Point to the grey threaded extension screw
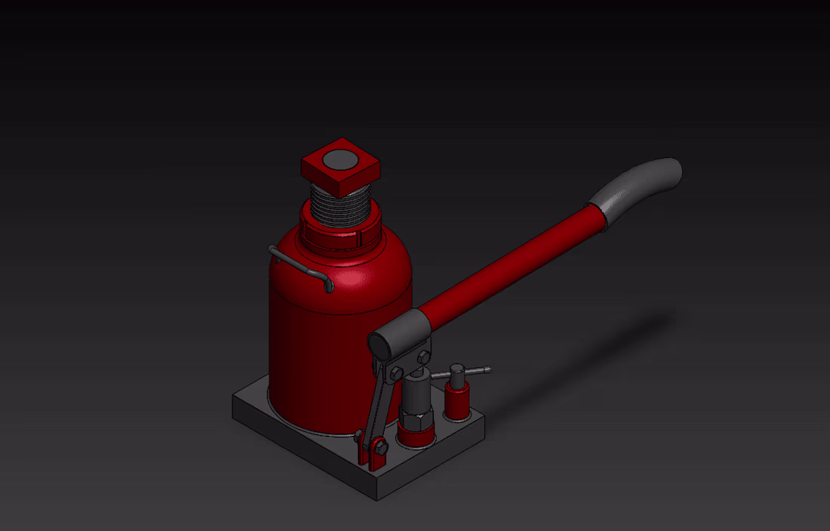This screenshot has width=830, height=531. [341, 204]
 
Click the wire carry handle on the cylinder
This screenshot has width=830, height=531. [298, 264]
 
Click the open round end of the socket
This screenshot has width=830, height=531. [380, 345]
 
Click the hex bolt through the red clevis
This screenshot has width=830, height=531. [378, 449]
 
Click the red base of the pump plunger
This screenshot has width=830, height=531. [416, 436]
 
